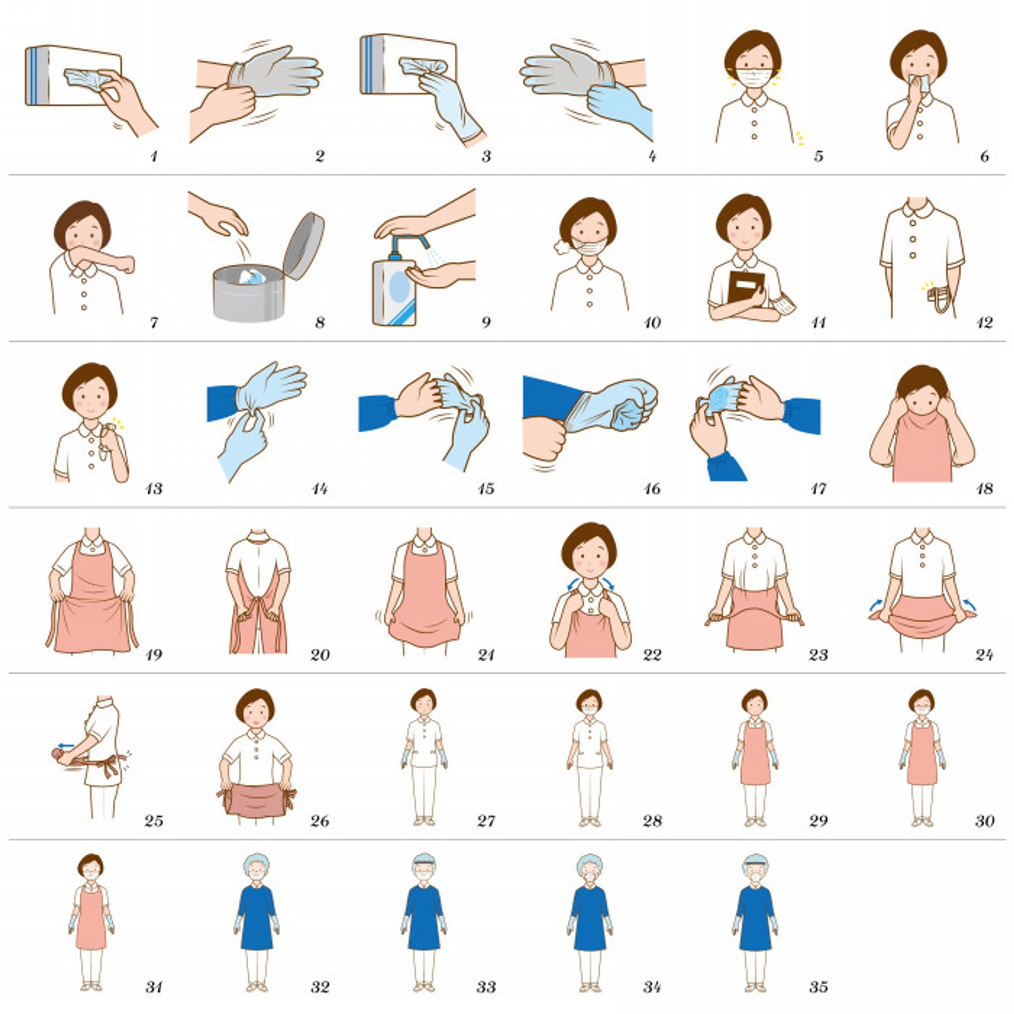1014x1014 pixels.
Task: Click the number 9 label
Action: click(486, 322)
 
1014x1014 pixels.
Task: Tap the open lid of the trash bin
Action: click(303, 245)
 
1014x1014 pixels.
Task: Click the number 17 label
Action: click(818, 488)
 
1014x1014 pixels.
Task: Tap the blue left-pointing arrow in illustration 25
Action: click(66, 745)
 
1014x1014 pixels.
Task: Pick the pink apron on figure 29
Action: click(755, 754)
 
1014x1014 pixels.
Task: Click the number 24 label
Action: click(984, 655)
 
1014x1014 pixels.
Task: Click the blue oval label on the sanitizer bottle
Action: click(399, 286)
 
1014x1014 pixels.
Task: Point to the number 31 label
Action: click(153, 987)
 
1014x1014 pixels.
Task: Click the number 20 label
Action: click(319, 655)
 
